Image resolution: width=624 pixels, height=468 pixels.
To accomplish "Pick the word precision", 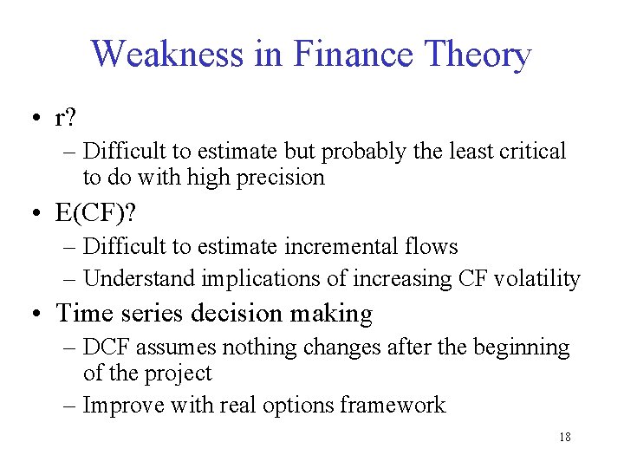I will click(x=279, y=179).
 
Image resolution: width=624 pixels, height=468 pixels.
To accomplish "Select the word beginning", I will click(x=519, y=348).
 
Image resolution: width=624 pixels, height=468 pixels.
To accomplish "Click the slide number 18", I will click(x=564, y=438).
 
